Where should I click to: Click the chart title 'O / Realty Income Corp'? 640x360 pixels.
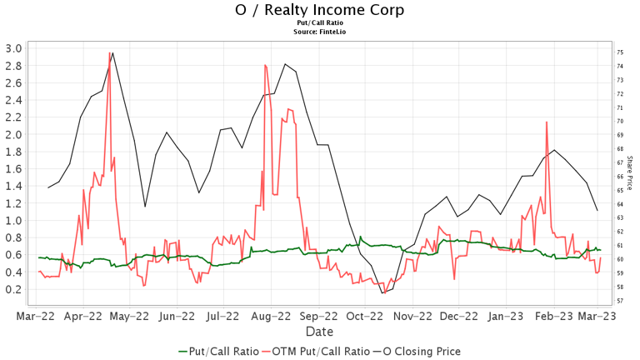point(320,10)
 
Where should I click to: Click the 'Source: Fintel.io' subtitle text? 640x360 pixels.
point(320,31)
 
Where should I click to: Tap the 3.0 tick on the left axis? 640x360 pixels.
point(13,47)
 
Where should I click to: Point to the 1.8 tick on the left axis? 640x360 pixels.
point(13,151)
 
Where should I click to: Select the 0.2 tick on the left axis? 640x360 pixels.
point(13,289)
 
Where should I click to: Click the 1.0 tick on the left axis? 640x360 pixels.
point(13,220)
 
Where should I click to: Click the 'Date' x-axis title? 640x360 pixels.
point(320,332)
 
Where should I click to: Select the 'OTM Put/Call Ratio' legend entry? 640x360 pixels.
point(314,351)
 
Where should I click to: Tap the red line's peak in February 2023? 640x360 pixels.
point(547,122)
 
